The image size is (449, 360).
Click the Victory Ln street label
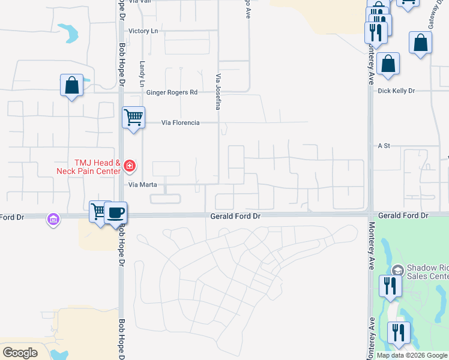point(142,31)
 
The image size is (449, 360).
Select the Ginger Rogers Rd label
point(172,92)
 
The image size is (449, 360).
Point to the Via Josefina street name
point(218,92)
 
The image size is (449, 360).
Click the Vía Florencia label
point(180,123)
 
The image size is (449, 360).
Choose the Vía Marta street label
point(142,185)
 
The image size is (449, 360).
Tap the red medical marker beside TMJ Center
point(130,164)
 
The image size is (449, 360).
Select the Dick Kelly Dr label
point(396,91)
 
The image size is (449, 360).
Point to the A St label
point(384,146)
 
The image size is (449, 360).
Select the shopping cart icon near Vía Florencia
point(133,116)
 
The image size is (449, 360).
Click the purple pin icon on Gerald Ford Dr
point(53,220)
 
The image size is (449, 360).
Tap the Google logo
point(20,353)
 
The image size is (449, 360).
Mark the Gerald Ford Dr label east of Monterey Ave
point(402,215)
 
